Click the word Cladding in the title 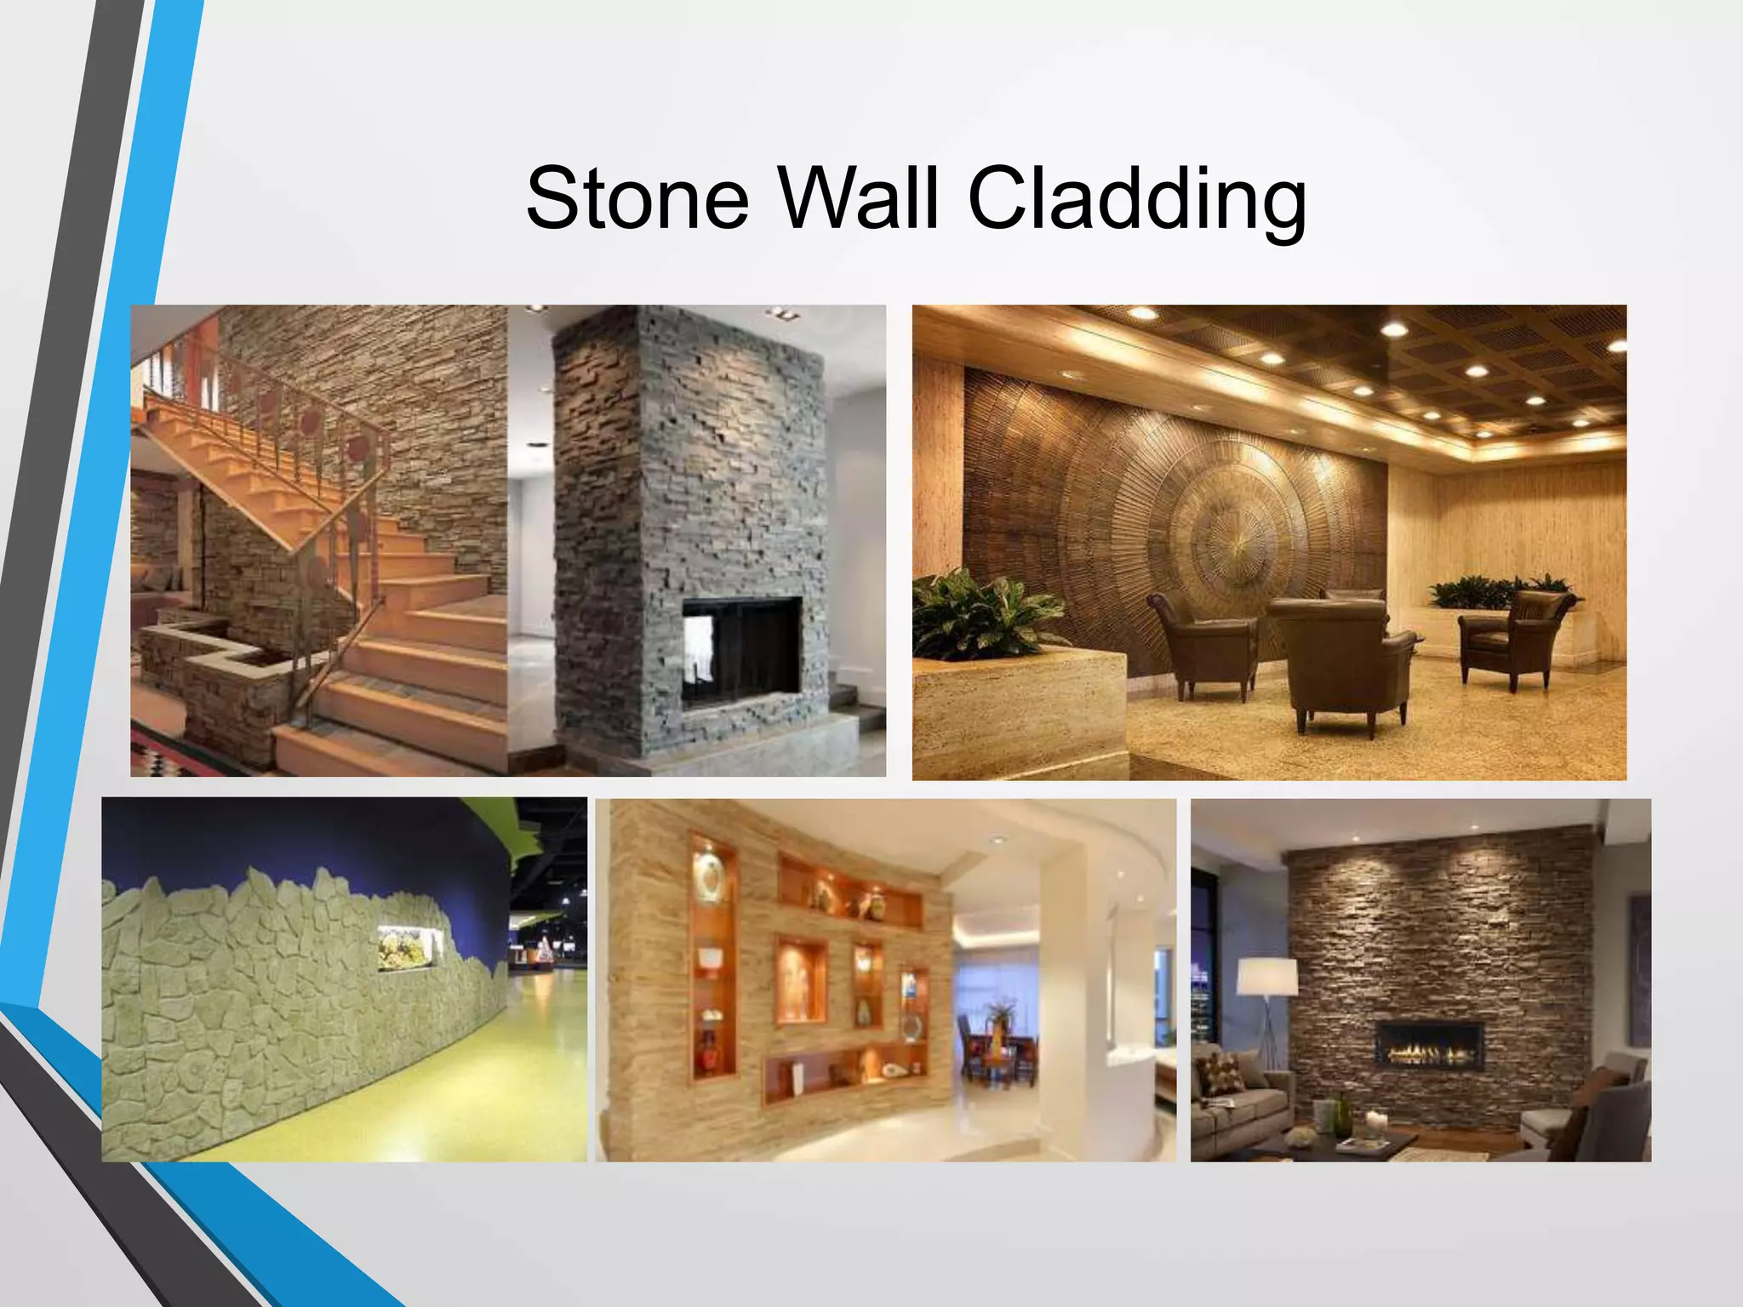pos(1136,203)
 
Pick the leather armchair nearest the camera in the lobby pos(1336,664)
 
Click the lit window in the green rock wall pos(409,947)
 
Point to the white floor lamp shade pos(1267,977)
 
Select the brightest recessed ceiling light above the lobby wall pos(1393,329)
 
